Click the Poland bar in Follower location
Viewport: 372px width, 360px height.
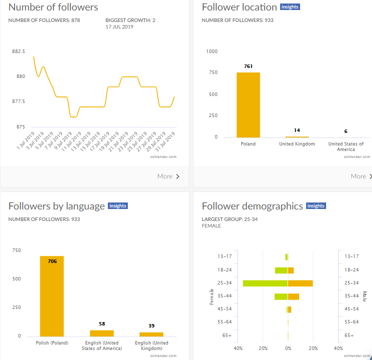point(248,104)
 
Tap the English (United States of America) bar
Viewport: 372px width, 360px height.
point(102,333)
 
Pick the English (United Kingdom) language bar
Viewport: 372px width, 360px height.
point(151,334)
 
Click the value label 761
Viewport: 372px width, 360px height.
point(248,66)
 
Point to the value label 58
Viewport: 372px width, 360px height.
point(102,324)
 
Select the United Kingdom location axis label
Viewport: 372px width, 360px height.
point(297,144)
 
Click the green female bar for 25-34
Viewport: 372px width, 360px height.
point(265,283)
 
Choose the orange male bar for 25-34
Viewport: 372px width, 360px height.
point(300,283)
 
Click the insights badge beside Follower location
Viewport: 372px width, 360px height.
point(290,7)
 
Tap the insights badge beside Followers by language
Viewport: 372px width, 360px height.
point(118,206)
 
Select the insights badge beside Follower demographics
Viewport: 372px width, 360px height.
point(316,206)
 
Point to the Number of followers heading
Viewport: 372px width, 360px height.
point(53,7)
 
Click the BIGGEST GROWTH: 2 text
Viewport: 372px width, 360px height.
point(130,20)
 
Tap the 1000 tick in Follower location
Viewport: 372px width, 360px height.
point(212,51)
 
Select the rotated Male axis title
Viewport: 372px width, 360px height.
point(365,296)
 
